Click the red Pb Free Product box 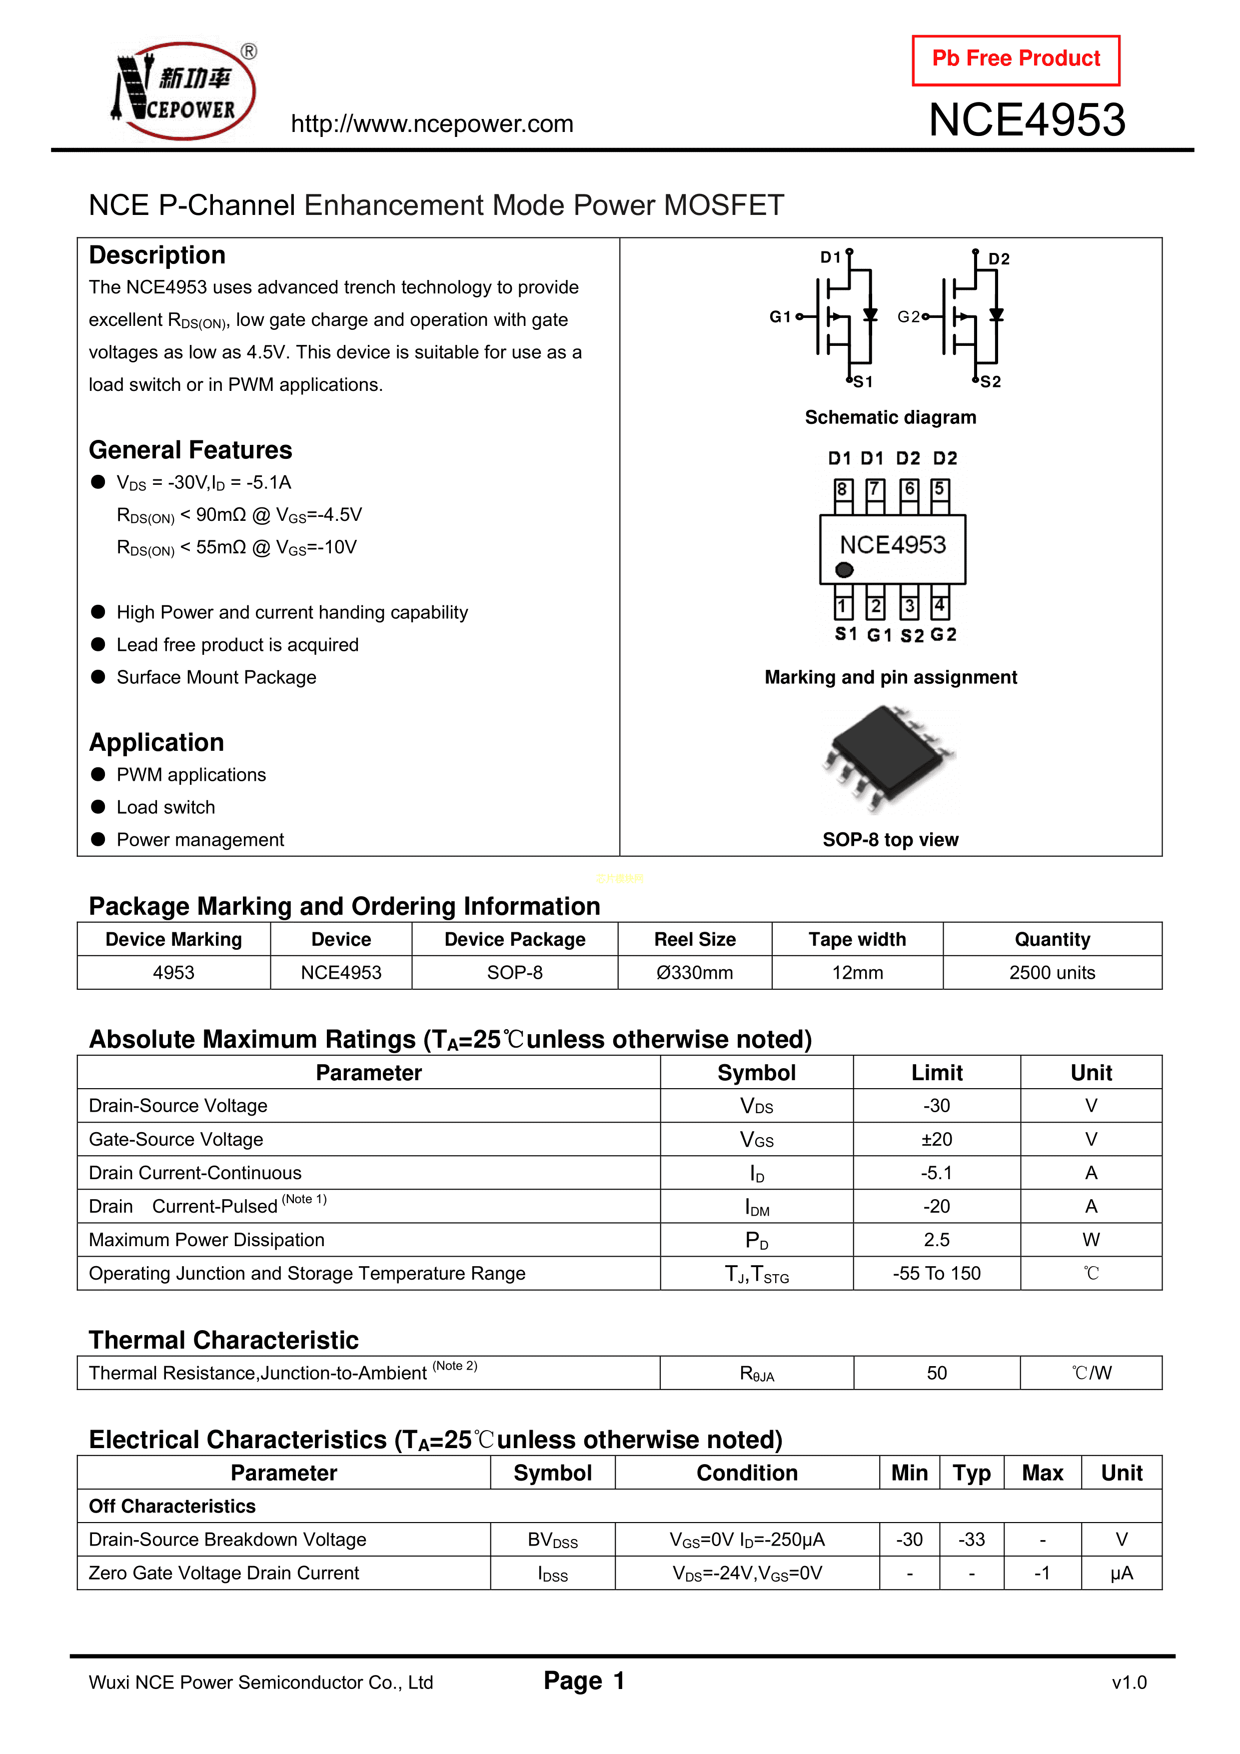(1016, 59)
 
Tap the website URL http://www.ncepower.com (432, 124)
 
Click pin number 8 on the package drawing (842, 489)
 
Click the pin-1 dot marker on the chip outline (844, 570)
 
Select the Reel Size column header (695, 940)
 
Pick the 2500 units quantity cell (1052, 973)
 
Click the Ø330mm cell (695, 973)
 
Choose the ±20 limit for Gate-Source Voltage (937, 1140)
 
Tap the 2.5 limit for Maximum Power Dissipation (937, 1240)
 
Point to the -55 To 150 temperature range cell (937, 1274)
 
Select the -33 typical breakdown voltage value (972, 1540)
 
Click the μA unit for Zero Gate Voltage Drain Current (1122, 1573)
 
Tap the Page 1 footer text (584, 1681)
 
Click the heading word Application (156, 743)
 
